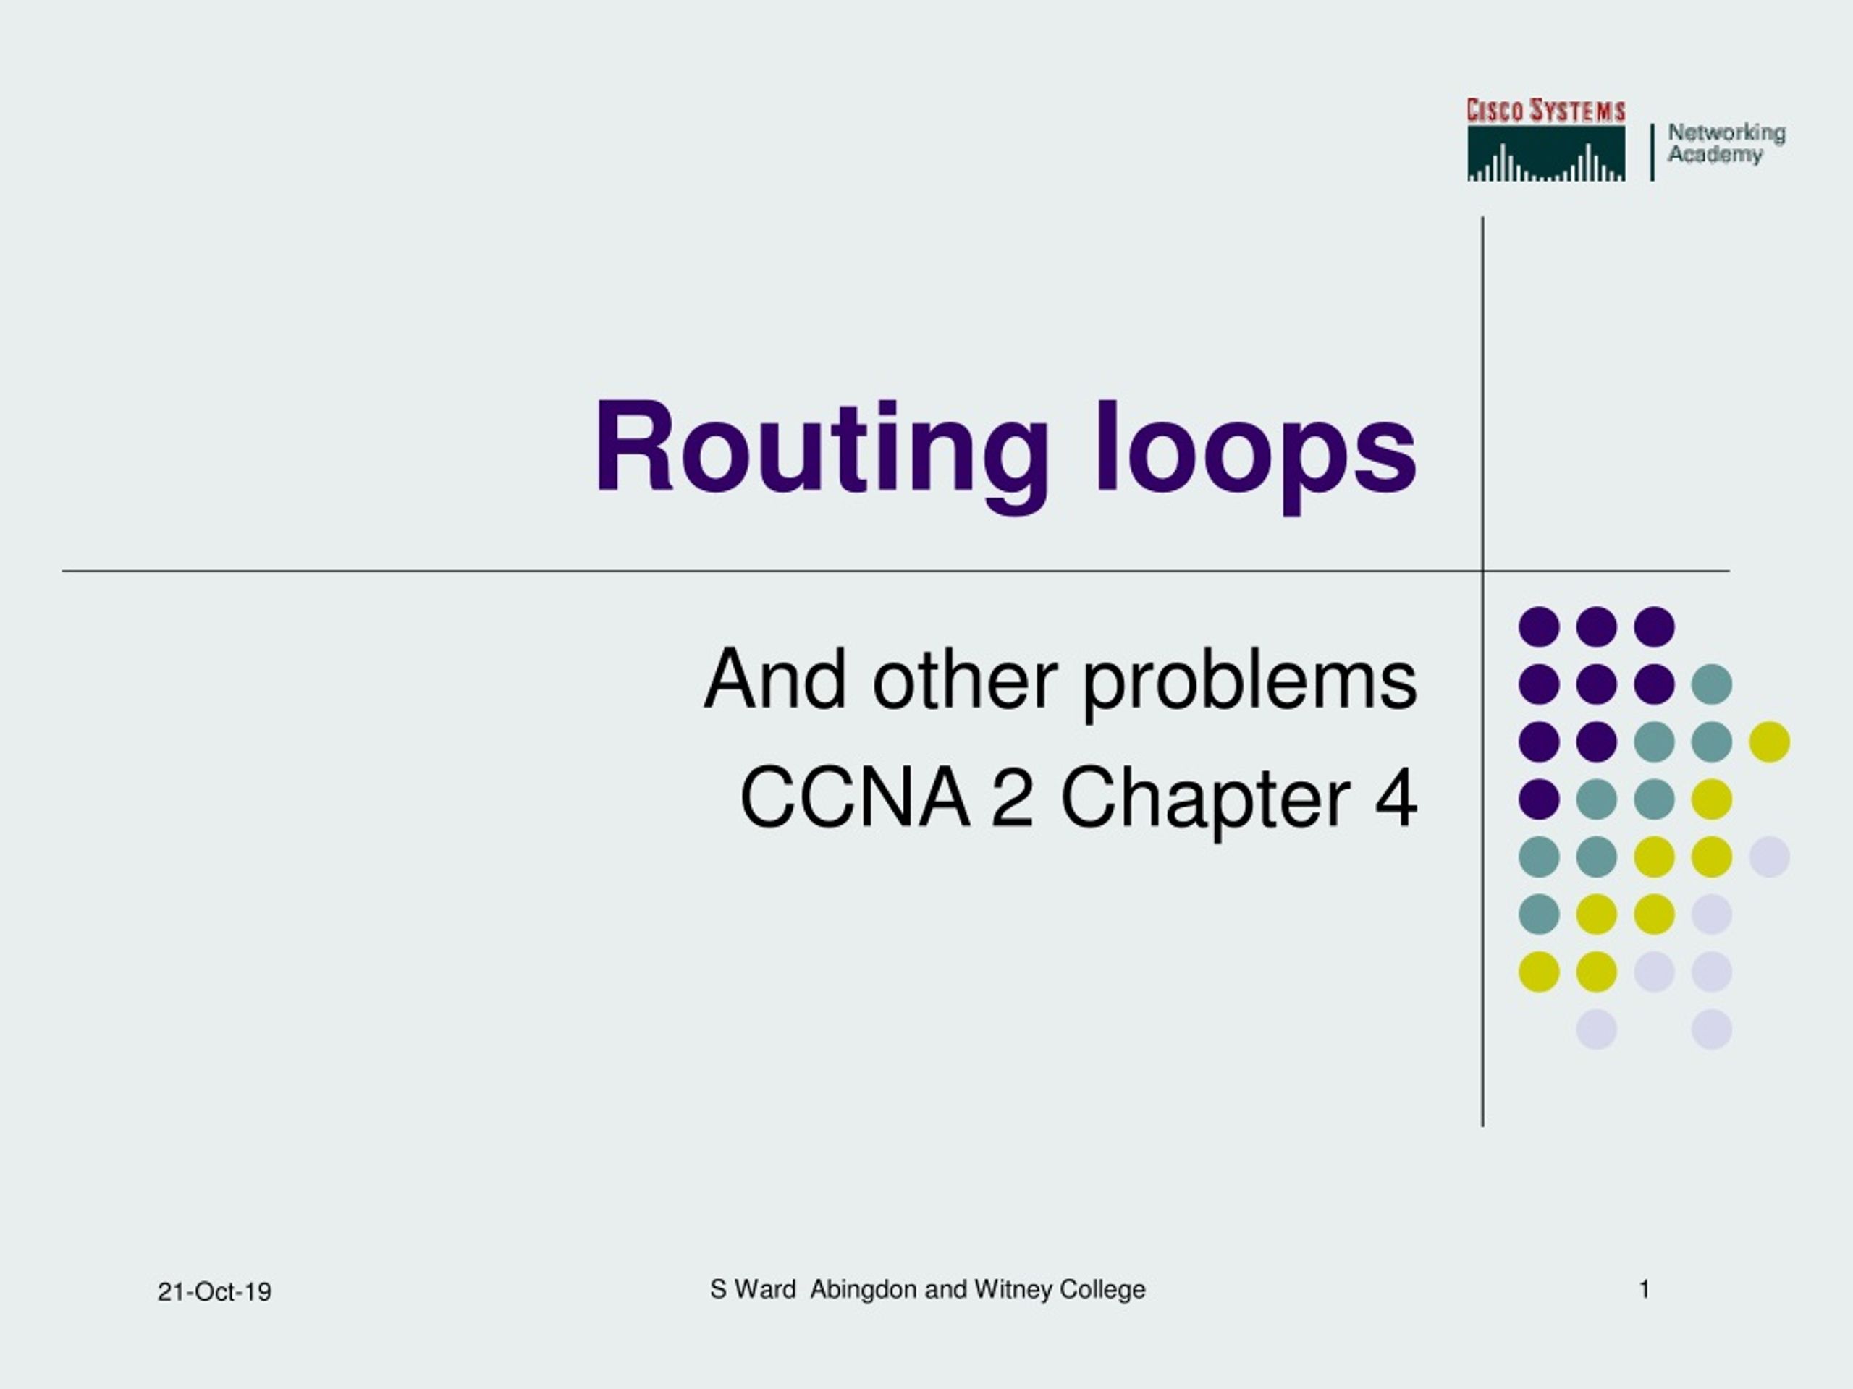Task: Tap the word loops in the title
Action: coord(1256,456)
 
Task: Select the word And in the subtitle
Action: coord(775,679)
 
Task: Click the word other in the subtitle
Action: coord(965,679)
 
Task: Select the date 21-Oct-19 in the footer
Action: coord(214,1292)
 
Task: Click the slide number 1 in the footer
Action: coord(1645,1289)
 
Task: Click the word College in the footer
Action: coord(1102,1290)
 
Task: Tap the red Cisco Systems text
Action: coord(1545,111)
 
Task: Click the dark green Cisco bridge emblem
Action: coord(1545,153)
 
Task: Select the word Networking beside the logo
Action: coord(1726,133)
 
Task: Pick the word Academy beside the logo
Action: coord(1715,155)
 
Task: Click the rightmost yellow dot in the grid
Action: coord(1769,742)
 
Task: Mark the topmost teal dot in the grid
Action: coord(1711,684)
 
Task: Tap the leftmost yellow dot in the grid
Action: coord(1539,972)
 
